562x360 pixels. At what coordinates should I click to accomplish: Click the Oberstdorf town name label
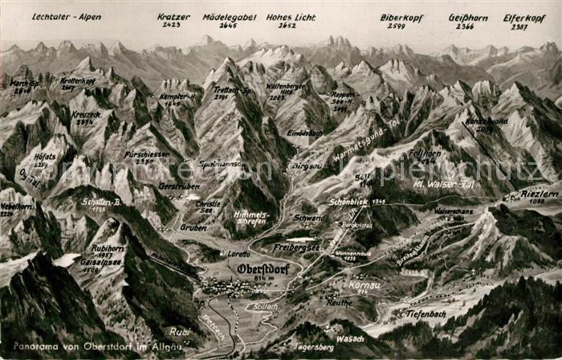tap(263, 268)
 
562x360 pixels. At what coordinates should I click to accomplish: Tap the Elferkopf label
tap(524, 16)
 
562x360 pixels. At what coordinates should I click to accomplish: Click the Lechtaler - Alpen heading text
tap(67, 16)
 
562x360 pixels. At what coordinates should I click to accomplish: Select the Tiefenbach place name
tap(426, 313)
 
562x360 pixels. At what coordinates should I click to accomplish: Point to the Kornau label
tap(364, 284)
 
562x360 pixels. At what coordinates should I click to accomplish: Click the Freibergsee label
tap(295, 247)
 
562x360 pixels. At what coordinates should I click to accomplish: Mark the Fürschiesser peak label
tap(147, 154)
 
